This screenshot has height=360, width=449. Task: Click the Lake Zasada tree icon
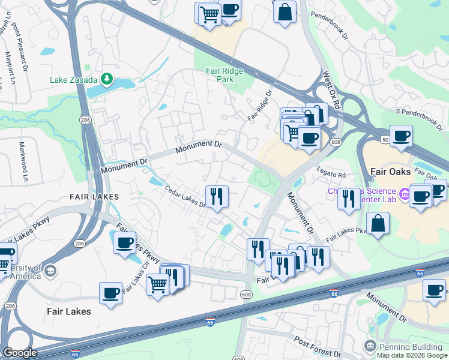[107, 78]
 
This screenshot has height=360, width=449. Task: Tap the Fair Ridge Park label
[224, 74]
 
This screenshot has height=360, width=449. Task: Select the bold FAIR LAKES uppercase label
[94, 196]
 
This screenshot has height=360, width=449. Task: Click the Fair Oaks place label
[390, 172]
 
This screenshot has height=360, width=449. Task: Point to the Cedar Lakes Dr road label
[185, 198]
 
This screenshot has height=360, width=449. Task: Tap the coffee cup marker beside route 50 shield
[400, 136]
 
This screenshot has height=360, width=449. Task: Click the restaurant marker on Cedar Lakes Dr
[217, 196]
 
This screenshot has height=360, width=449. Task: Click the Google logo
[20, 353]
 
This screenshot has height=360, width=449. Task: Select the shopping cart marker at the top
[208, 13]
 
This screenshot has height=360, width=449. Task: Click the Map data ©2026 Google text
[411, 355]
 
